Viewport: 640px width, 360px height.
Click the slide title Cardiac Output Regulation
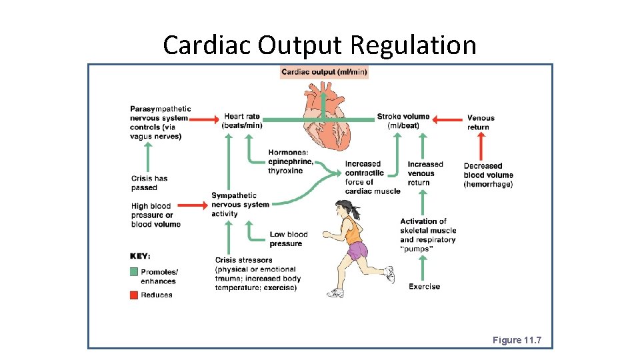coord(320,45)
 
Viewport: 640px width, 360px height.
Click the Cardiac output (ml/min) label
coord(324,72)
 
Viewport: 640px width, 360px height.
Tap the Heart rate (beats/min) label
coord(242,121)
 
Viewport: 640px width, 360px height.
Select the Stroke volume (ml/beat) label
coord(403,121)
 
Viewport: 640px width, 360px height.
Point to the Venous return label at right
coord(481,123)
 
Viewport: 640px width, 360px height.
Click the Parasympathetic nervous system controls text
coord(160,123)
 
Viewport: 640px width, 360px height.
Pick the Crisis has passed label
coord(149,183)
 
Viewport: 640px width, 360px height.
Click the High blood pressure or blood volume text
coord(155,215)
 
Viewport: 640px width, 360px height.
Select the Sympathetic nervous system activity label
coord(240,205)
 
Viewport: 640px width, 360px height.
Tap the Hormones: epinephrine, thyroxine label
coord(290,161)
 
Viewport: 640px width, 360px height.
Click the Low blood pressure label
coord(289,239)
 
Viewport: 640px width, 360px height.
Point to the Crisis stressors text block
coord(257,273)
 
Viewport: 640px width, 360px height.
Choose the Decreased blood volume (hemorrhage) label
coord(488,175)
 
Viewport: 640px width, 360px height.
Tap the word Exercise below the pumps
coord(424,287)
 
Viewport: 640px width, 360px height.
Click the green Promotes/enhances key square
coord(134,272)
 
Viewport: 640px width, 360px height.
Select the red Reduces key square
coord(134,295)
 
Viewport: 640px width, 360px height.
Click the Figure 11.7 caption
coord(517,340)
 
